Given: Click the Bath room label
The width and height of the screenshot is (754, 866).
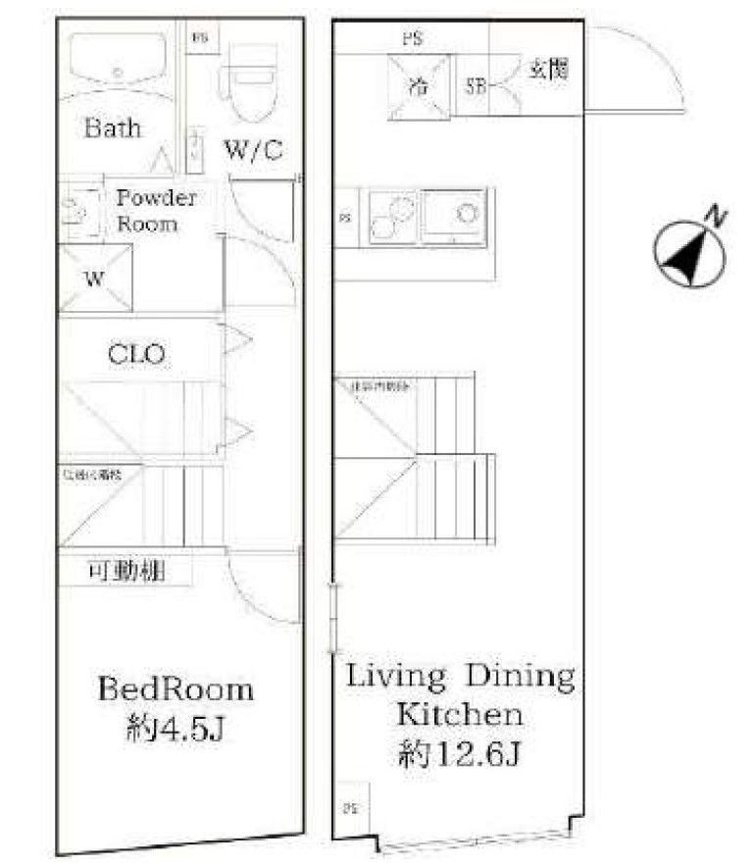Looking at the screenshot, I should [x=112, y=127].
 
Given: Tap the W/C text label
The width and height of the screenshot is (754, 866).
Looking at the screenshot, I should [x=253, y=150].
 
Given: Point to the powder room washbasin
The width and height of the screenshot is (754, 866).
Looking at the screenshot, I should [x=75, y=210].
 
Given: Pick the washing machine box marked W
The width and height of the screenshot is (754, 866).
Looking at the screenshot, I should [x=94, y=278].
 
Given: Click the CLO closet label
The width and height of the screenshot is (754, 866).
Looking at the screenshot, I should [x=136, y=353].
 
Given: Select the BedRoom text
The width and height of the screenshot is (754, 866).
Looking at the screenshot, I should [x=175, y=688].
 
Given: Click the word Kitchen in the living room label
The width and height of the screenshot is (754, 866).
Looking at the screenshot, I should [x=457, y=714].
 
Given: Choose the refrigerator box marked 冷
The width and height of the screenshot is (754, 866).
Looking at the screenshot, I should [x=420, y=84].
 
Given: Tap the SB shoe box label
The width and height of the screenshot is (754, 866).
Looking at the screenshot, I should [x=476, y=84].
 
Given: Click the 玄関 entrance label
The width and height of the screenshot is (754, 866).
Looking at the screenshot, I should [x=549, y=71].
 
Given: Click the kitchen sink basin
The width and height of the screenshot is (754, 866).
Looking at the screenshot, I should [x=455, y=216].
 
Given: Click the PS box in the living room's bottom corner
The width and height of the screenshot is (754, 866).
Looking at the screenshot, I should [x=352, y=809].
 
